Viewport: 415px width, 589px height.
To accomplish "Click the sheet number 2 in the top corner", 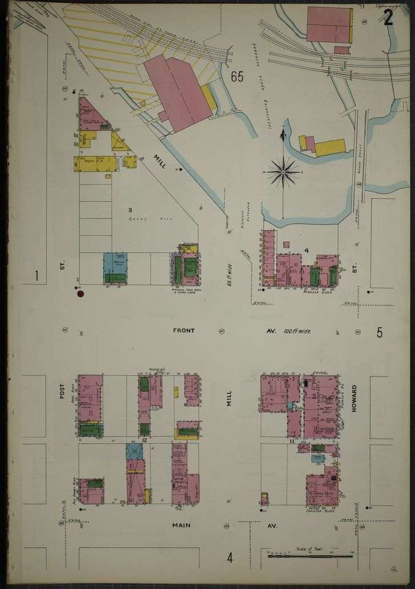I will [x=388, y=18].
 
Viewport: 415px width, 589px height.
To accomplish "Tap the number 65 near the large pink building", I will [x=237, y=76].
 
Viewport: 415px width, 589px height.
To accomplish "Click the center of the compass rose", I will [x=283, y=170].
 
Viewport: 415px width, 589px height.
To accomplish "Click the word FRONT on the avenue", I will [x=183, y=330].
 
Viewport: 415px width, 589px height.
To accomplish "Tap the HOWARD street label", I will [x=354, y=401].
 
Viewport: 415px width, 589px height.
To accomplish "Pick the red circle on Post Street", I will [x=80, y=294].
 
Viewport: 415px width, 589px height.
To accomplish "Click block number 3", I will [x=130, y=210].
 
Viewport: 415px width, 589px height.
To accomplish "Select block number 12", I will [x=145, y=440].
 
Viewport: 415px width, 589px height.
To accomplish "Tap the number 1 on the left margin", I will [x=36, y=277].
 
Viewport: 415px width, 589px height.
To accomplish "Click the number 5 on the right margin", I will [x=380, y=332].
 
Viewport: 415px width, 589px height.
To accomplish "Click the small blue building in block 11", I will [x=317, y=458].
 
